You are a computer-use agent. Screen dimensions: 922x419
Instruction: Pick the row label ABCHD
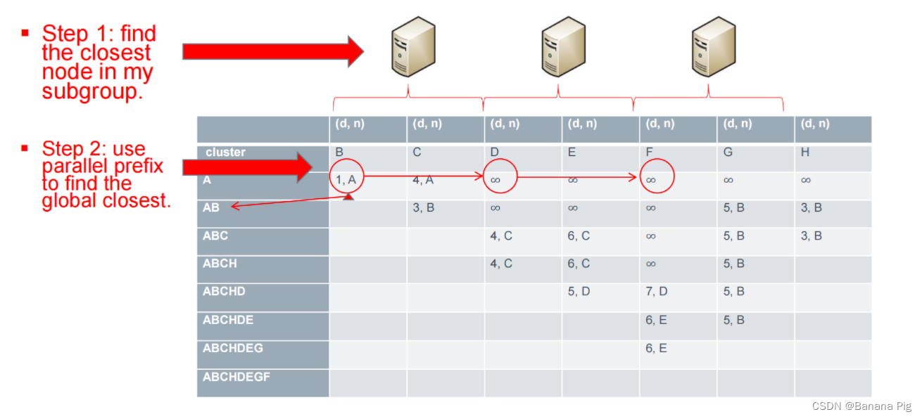pos(224,292)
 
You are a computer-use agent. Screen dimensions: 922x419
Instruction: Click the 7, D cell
pos(656,292)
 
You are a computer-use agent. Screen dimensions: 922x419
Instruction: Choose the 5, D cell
pos(579,292)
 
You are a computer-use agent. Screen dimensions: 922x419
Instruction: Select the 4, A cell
pos(423,180)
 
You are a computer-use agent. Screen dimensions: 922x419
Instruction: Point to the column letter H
pos(806,152)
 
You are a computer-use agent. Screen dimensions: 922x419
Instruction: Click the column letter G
pos(728,152)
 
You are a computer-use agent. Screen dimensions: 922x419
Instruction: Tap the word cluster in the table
pos(225,152)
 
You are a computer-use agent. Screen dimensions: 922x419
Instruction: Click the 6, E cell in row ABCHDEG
pos(656,348)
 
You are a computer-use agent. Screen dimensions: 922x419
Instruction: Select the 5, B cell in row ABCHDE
pos(733,320)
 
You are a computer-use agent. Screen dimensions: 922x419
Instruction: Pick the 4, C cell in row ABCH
pos(501,264)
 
